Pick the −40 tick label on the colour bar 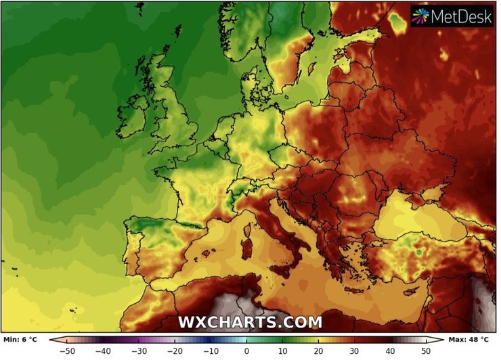pos(103,351)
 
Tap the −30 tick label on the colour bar pos(139,351)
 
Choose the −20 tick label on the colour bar pos(175,351)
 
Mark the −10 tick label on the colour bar pos(211,351)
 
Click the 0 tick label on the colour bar pos(247,351)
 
